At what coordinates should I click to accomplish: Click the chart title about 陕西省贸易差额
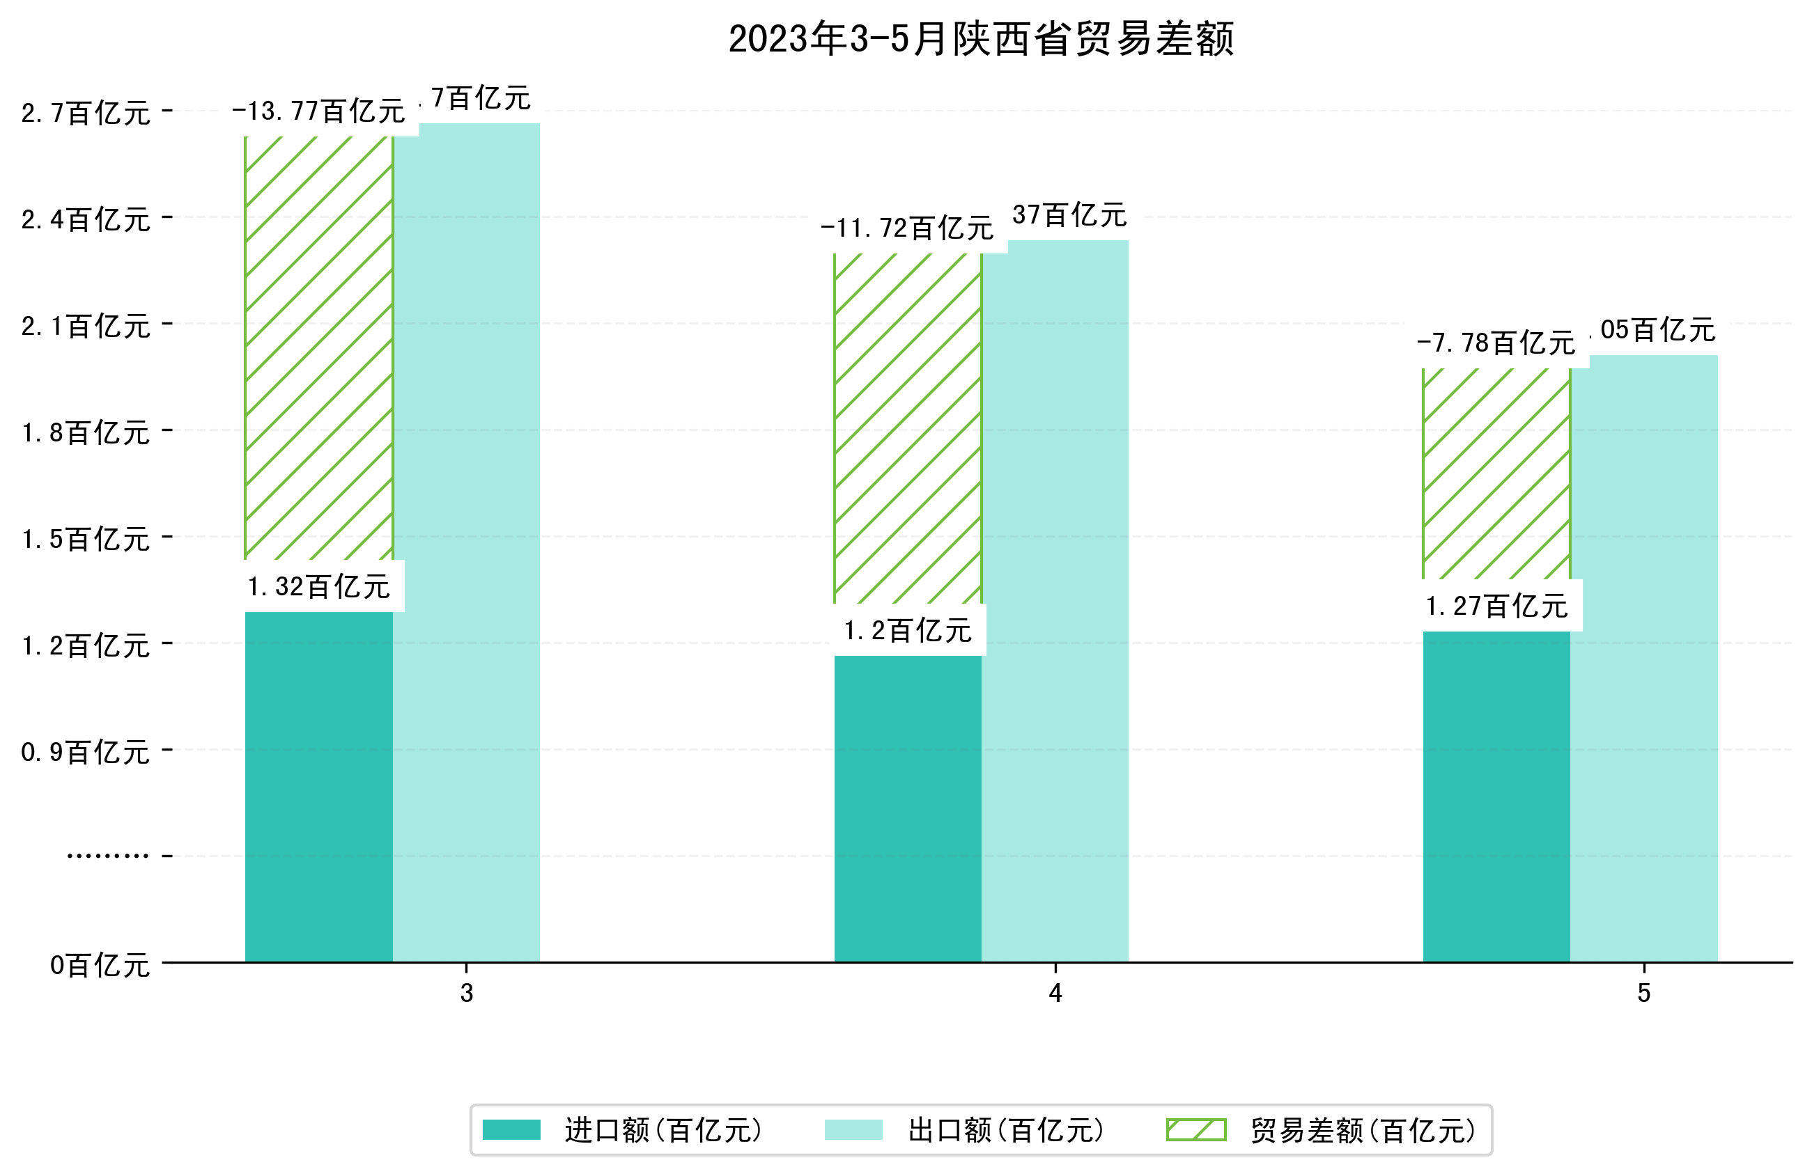coord(981,39)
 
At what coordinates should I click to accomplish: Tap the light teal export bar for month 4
coord(1055,602)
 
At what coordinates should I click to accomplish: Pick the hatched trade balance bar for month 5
coord(1496,473)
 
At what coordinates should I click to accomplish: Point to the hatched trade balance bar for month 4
coord(908,428)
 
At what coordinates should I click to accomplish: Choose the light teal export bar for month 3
coord(466,542)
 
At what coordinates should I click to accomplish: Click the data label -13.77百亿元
coord(318,112)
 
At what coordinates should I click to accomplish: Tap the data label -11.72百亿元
coord(907,228)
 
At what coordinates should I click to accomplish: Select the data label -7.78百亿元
coord(1495,343)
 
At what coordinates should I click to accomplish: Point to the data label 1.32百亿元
coord(318,587)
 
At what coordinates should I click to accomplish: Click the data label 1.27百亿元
coord(1496,606)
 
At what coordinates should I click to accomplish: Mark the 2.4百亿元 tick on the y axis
coord(85,220)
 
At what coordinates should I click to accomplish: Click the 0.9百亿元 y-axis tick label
coord(85,752)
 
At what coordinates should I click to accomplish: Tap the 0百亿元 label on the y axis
coord(99,965)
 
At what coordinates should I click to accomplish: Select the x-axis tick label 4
coord(1055,994)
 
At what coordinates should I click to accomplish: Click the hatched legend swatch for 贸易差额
coord(1196,1129)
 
